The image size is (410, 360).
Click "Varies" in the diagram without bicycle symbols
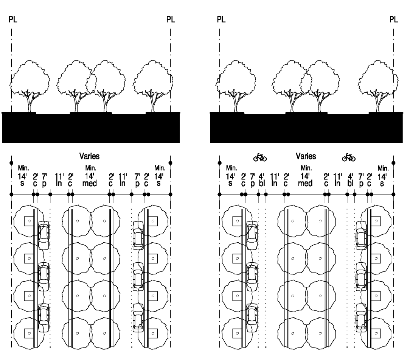pos(89,156)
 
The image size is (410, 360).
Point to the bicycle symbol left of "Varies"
pos(260,157)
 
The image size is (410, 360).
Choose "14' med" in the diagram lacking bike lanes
pos(90,179)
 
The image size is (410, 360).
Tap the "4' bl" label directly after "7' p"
pos(261,179)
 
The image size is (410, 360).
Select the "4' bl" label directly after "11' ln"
pos(350,179)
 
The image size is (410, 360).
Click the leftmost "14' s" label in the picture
pos(22,179)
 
